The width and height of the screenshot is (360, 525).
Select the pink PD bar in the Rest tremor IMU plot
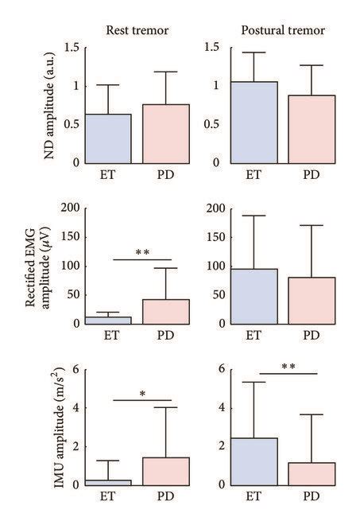[x=166, y=471]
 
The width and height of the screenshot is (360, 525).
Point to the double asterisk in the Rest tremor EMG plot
[x=142, y=254]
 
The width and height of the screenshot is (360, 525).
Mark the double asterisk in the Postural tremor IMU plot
[x=288, y=367]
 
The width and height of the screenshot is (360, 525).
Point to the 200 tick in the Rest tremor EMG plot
[x=68, y=208]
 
